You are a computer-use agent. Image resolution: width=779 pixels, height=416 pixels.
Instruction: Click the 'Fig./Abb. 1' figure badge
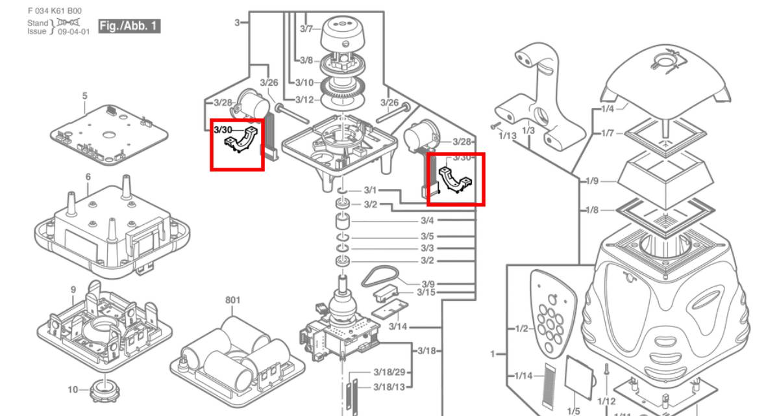(x=129, y=27)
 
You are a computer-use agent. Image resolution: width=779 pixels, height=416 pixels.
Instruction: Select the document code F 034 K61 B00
(x=59, y=11)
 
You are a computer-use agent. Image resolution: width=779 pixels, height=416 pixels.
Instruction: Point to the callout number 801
(x=232, y=300)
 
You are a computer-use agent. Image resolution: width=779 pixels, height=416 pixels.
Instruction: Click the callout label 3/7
(x=306, y=29)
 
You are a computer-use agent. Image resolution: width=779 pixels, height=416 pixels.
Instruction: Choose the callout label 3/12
(x=304, y=99)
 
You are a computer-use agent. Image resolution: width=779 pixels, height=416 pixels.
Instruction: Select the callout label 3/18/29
(x=389, y=372)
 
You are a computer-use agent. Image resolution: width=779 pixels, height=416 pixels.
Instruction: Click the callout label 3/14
(x=398, y=326)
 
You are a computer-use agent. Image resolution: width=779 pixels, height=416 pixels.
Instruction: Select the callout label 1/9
(x=592, y=182)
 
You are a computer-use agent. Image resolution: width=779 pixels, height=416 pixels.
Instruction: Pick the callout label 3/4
(x=427, y=220)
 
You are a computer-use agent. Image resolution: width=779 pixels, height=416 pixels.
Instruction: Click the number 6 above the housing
(x=88, y=177)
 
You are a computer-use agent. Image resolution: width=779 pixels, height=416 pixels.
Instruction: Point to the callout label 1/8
(x=592, y=211)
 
